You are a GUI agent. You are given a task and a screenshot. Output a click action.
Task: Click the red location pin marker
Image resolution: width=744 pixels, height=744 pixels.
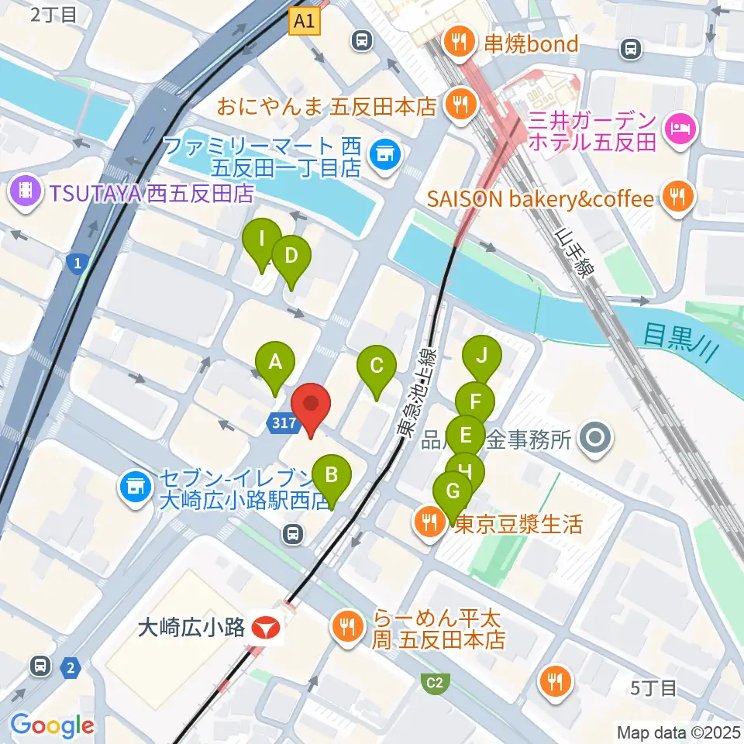point(311,408)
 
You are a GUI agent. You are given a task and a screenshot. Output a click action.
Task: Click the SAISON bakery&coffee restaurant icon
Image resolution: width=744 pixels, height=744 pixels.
point(679,198)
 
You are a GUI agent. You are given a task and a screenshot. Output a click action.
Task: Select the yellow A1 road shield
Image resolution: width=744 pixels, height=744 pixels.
point(305,22)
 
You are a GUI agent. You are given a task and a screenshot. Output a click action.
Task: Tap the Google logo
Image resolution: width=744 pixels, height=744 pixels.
point(52,725)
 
